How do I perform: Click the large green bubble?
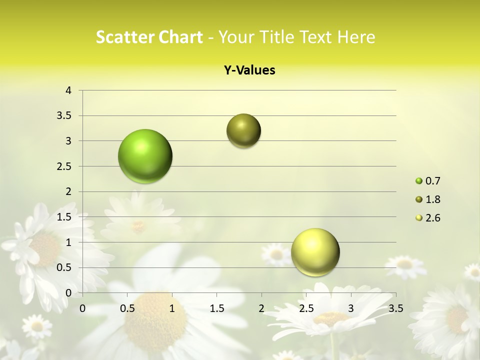pyautogui.click(x=145, y=156)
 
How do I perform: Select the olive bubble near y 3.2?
pyautogui.click(x=243, y=131)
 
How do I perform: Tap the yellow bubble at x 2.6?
pyautogui.click(x=315, y=252)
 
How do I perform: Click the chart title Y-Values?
pyautogui.click(x=249, y=70)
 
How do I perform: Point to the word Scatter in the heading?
pyautogui.click(x=123, y=37)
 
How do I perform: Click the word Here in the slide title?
pyautogui.click(x=355, y=37)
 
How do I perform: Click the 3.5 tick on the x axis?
pyautogui.click(x=395, y=308)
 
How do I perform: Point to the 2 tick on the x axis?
pyautogui.click(x=261, y=308)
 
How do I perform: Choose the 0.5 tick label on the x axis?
pyautogui.click(x=127, y=308)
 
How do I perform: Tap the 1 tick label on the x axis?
pyautogui.click(x=172, y=308)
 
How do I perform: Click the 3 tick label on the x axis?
pyautogui.click(x=351, y=308)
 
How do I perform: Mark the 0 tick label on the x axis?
pyautogui.click(x=82, y=308)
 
